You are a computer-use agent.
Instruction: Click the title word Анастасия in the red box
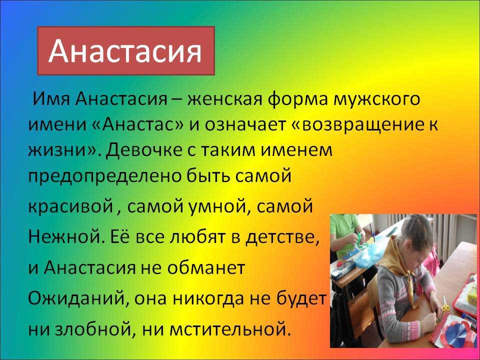(125, 51)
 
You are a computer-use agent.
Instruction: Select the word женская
(225, 99)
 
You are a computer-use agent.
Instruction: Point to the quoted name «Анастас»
(137, 125)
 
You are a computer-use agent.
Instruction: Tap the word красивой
(70, 207)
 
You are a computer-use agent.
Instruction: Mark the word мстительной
(229, 329)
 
